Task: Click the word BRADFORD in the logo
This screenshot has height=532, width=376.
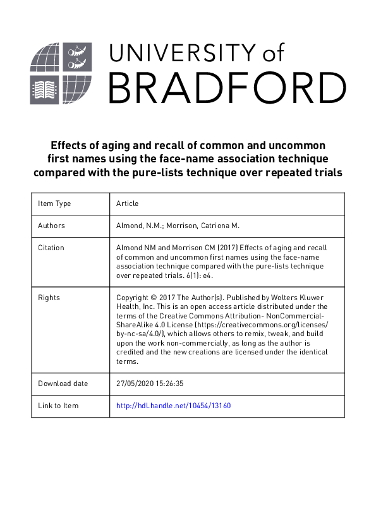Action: click(227, 87)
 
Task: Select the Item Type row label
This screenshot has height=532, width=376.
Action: click(54, 203)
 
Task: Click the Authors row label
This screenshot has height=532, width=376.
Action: click(51, 226)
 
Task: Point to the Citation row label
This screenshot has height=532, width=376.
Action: click(51, 248)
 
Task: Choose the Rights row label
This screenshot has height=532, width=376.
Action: click(49, 297)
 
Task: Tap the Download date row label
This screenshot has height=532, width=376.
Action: click(63, 384)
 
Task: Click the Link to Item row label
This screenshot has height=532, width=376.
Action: click(58, 406)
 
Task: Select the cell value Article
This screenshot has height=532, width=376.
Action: click(127, 203)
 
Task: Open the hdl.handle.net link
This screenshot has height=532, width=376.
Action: click(174, 406)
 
